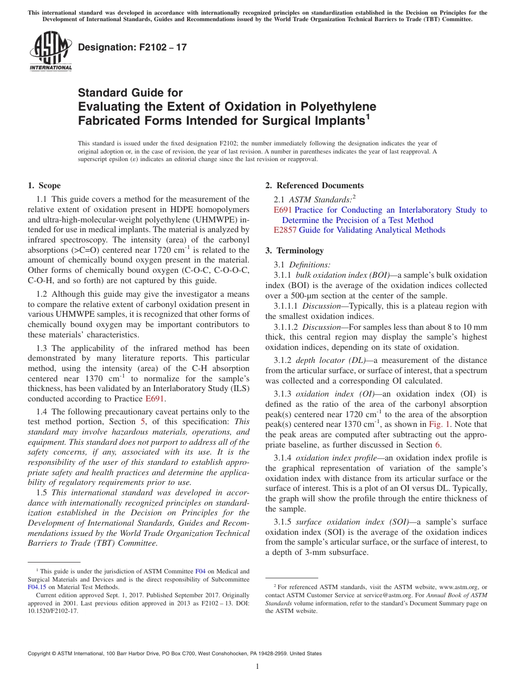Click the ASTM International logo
point(50,52)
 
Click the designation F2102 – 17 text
point(132,47)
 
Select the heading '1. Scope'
point(44,186)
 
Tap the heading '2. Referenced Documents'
point(314,186)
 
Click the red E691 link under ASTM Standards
point(282,210)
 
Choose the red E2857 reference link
point(285,230)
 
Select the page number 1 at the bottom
point(257,666)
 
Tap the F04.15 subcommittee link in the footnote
point(37,587)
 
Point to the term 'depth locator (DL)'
point(331,360)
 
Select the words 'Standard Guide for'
point(131,93)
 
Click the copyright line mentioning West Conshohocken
point(175,654)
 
